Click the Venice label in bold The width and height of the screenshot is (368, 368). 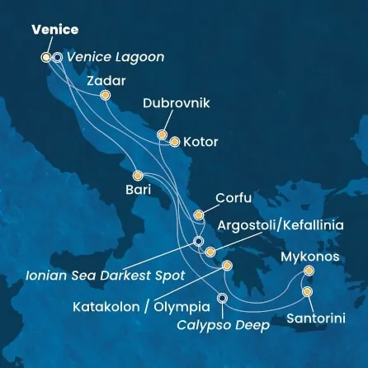pos(55,30)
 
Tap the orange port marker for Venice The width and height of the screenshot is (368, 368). pos(45,57)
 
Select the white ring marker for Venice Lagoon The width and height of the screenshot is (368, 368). pos(56,58)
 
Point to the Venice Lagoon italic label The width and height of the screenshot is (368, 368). pos(115,58)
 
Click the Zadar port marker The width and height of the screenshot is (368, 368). pos(105,96)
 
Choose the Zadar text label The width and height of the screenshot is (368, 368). pos(106,81)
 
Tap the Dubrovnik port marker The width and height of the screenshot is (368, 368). pos(162,134)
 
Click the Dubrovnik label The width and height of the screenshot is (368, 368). pos(177,104)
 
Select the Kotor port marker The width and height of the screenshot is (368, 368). pos(174,142)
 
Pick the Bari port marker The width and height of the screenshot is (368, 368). pos(137,175)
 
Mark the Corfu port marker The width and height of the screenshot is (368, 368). pos(198,215)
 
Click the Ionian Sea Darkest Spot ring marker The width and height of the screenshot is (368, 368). pos(198,242)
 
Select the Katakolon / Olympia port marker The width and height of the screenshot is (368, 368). pos(225,266)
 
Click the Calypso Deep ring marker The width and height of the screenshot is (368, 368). pos(221,298)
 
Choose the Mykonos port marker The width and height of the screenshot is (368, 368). pos(309,271)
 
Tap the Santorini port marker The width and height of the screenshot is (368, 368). pos(307,291)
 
